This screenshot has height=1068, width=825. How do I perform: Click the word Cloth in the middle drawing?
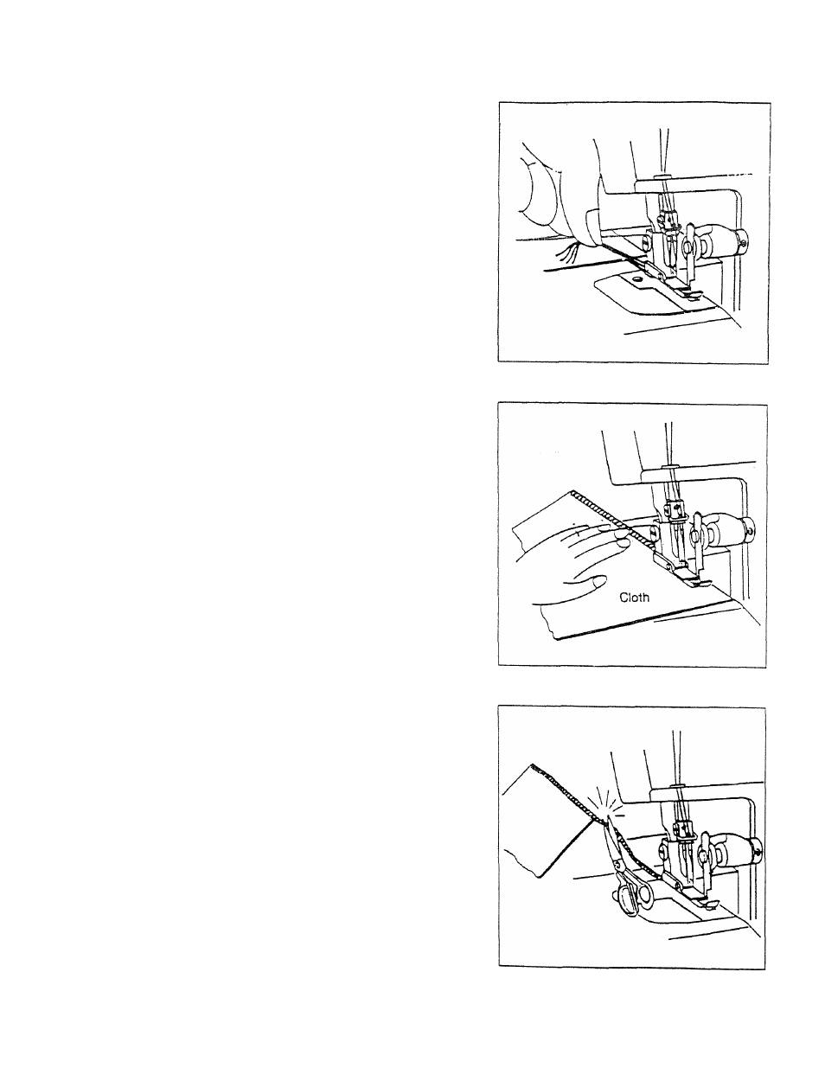[634, 598]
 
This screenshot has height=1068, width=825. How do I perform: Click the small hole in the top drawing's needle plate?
[636, 278]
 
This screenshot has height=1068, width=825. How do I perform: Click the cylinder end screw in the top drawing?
[744, 242]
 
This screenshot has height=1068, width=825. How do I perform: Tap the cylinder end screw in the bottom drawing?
[759, 852]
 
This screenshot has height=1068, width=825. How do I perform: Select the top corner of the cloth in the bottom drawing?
[533, 764]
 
